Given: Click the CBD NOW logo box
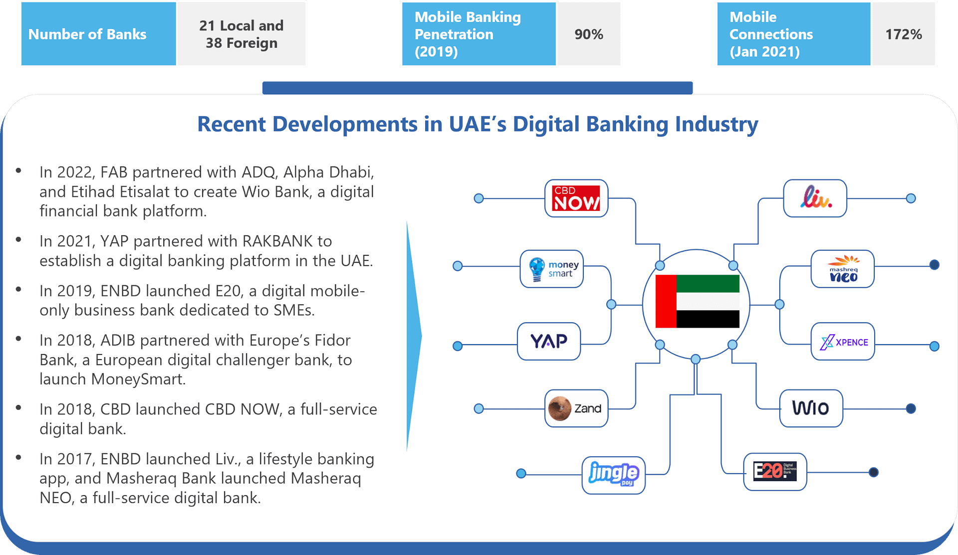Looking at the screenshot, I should click(x=576, y=198).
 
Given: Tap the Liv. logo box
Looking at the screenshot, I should click(x=815, y=198).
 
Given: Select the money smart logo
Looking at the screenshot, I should click(x=551, y=269).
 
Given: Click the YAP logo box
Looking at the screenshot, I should click(x=549, y=342).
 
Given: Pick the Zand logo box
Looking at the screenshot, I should click(x=576, y=408).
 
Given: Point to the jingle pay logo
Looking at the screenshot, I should click(x=613, y=475).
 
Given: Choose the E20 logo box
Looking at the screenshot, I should click(x=774, y=472).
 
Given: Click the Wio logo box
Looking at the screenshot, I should click(x=811, y=408).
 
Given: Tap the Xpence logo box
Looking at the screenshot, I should click(x=843, y=342).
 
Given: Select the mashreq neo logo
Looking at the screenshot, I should click(x=842, y=269).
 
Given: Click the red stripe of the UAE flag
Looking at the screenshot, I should click(x=666, y=301).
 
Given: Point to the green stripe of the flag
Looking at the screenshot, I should click(x=708, y=283).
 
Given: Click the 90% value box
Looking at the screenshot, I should click(x=589, y=34).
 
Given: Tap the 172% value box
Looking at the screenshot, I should click(x=903, y=34).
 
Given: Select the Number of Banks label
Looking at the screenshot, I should click(x=87, y=34).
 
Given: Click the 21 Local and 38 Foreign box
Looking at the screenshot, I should click(x=241, y=34).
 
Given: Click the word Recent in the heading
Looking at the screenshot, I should click(x=231, y=124).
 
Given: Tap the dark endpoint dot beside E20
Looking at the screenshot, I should click(x=873, y=472).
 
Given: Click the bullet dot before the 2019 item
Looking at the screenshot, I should click(x=18, y=289).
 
